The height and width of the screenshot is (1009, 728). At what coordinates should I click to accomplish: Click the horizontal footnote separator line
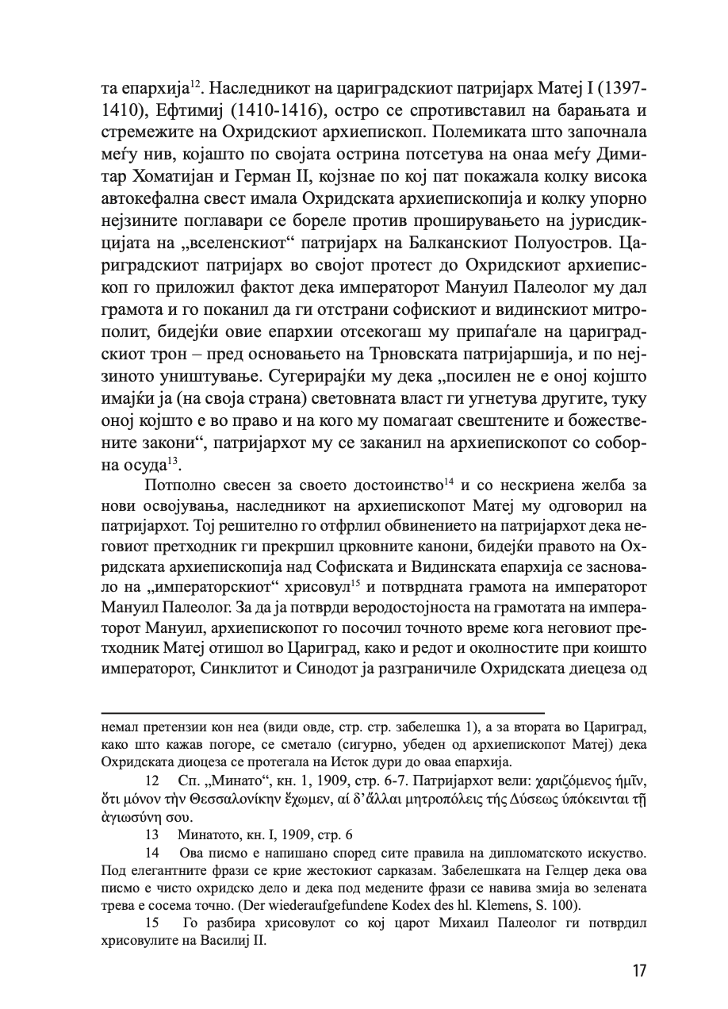pyautogui.click(x=323, y=713)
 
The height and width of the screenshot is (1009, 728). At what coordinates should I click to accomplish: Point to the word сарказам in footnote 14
pyautogui.click(x=346, y=869)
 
